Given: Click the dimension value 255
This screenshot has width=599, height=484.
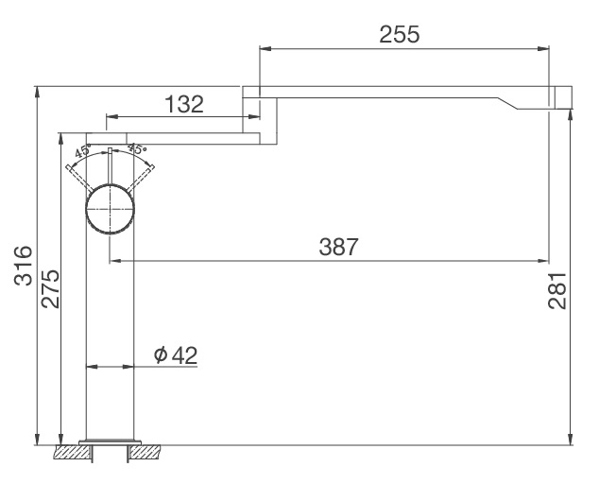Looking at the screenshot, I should click(400, 34).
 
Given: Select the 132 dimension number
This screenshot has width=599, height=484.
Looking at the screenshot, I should click(183, 104).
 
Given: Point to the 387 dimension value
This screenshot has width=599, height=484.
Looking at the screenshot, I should click(339, 247).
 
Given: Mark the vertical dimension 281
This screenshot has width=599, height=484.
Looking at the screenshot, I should click(558, 290).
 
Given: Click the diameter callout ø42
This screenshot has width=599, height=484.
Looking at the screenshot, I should click(175, 354).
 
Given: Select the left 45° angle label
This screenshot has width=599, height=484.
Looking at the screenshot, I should click(82, 151).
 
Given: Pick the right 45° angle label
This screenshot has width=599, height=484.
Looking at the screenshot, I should click(138, 149).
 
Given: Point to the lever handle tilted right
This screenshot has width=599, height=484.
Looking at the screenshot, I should click(144, 176).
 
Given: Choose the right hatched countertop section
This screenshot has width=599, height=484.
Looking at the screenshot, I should click(149, 452).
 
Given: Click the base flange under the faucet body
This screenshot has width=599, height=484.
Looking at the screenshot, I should click(111, 441).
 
